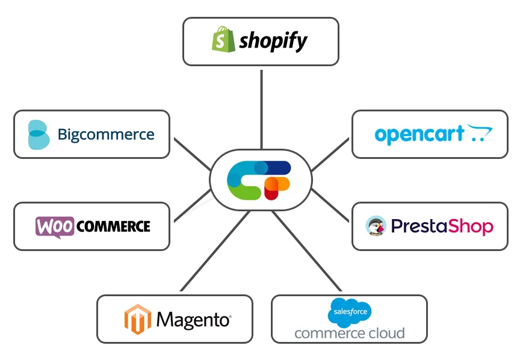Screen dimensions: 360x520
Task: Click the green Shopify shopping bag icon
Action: pyautogui.click(x=221, y=39)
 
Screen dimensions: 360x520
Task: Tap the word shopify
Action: pyautogui.click(x=273, y=41)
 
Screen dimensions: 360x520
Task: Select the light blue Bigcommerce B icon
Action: pyautogui.click(x=39, y=134)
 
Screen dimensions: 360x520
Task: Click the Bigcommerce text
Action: pyautogui.click(x=106, y=134)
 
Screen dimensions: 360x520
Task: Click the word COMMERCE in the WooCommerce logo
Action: pyautogui.click(x=113, y=226)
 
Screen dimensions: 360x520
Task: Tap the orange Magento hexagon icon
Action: pyautogui.click(x=137, y=319)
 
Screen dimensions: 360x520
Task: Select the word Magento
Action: pyautogui.click(x=193, y=319)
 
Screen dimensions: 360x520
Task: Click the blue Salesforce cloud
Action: pyautogui.click(x=349, y=312)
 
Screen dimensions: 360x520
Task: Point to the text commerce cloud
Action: pyautogui.click(x=349, y=332)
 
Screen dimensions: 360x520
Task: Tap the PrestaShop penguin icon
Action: pyautogui.click(x=376, y=226)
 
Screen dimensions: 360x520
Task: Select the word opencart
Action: pyautogui.click(x=419, y=134)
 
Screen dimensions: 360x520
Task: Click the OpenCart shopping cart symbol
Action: pyautogui.click(x=480, y=133)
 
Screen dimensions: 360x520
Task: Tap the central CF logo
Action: pyautogui.click(x=260, y=180)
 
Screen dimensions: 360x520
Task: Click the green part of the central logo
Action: pyautogui.click(x=244, y=191)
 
